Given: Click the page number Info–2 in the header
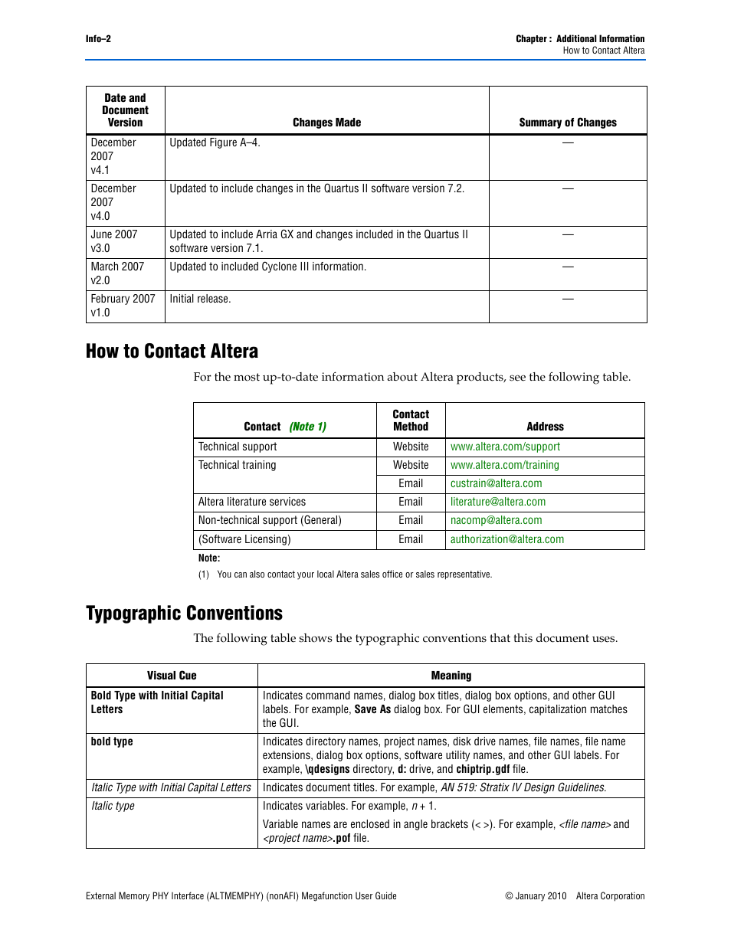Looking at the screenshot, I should point(98,39).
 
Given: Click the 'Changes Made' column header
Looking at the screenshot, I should point(326,123).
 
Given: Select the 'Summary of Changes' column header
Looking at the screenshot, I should point(567,123).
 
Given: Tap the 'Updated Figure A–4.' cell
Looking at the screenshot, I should point(215,143).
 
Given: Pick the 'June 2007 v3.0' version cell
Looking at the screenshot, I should point(114,241).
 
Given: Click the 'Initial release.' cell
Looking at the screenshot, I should point(200,300).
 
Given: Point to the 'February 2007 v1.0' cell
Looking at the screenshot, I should point(123,306).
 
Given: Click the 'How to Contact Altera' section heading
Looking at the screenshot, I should point(172,352).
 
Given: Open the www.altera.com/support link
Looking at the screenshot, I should point(505,447).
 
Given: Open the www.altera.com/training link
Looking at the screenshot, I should point(504,466).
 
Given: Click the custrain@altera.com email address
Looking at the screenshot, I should point(496,484).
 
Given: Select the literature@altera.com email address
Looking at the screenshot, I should point(498,502).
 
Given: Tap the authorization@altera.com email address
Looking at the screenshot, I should point(506,540).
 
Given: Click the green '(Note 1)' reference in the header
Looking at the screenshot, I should point(307,427).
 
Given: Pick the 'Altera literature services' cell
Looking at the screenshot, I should point(251,502).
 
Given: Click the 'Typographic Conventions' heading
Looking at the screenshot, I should point(184,614).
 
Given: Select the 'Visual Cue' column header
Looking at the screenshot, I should point(172,676).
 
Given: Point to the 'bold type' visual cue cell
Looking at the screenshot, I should point(112,742).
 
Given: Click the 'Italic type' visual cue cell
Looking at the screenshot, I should point(113,807).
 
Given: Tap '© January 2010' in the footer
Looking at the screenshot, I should point(536,896).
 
